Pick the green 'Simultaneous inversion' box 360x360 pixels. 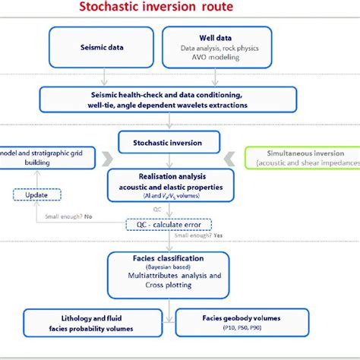(x=302, y=157)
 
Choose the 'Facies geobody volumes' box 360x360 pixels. (x=241, y=322)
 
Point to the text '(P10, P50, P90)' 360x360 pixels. (x=241, y=329)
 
